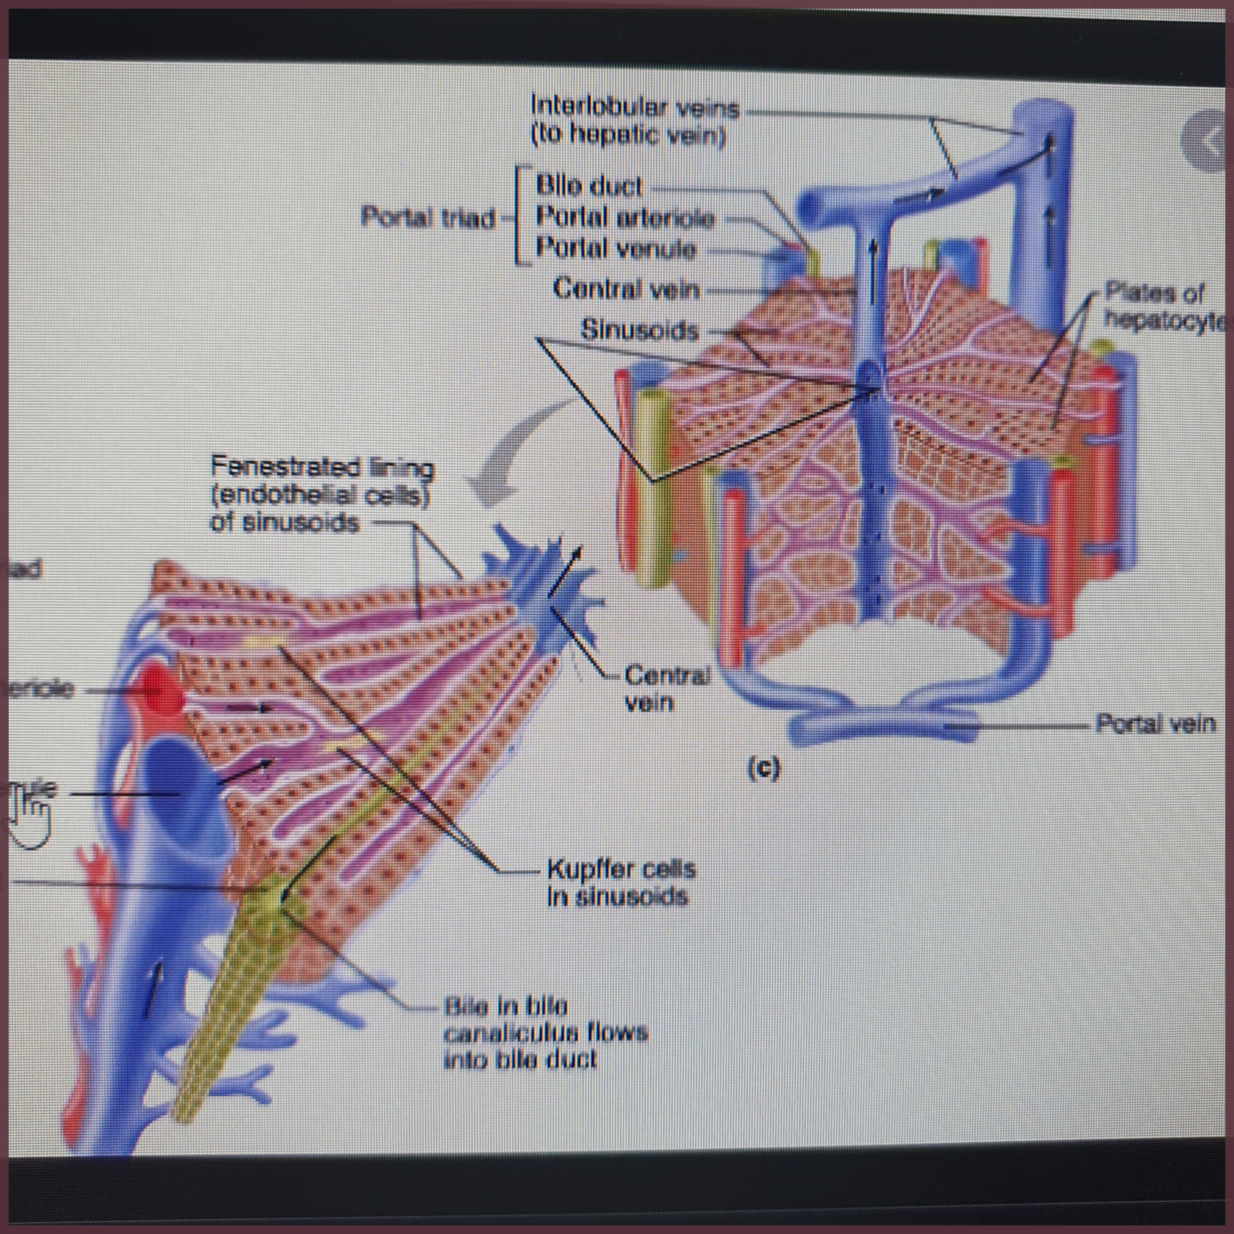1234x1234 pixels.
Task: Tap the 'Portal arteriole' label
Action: click(x=625, y=218)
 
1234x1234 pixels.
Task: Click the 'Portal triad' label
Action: click(x=428, y=218)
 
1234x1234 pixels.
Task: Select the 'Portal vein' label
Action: click(x=1155, y=724)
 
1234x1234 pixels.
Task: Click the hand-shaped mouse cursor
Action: click(x=29, y=821)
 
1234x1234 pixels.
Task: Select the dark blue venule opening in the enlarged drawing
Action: click(x=179, y=792)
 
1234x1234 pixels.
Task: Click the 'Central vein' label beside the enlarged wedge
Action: click(x=666, y=688)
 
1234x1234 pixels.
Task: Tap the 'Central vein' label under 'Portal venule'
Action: click(x=626, y=289)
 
